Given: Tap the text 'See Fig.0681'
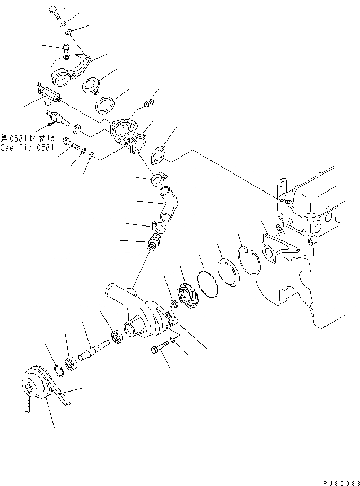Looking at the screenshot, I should pyautogui.click(x=27, y=148).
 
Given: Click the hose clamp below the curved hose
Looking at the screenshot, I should pyautogui.click(x=159, y=227).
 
